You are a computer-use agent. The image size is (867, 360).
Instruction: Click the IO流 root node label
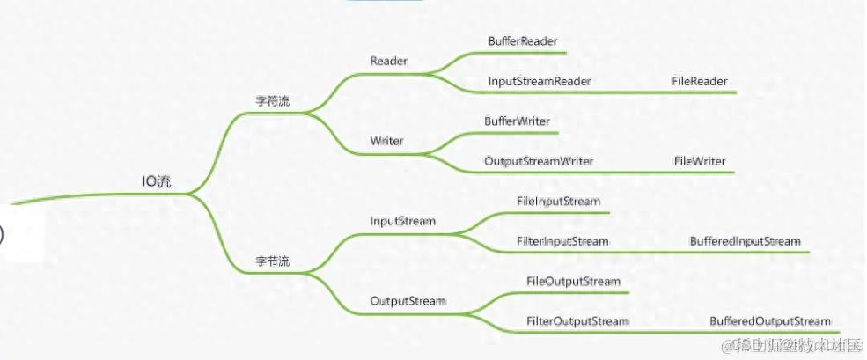pyautogui.click(x=157, y=181)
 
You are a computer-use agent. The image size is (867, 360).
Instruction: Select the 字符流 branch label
pyautogui.click(x=272, y=101)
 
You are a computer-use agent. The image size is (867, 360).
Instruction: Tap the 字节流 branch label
pyautogui.click(x=272, y=261)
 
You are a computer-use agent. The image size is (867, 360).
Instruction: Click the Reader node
pyautogui.click(x=388, y=61)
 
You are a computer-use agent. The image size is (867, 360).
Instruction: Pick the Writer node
pyautogui.click(x=387, y=141)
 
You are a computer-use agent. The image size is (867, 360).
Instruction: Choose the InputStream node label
pyautogui.click(x=402, y=221)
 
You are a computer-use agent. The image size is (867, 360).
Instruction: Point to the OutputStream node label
pyautogui.click(x=408, y=301)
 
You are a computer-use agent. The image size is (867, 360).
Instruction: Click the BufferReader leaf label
pyautogui.click(x=523, y=40)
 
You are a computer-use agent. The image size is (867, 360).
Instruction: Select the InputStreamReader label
pyautogui.click(x=539, y=81)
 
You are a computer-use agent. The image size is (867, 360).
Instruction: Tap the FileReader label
pyautogui.click(x=700, y=81)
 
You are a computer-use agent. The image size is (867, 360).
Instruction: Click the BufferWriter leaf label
pyautogui.click(x=518, y=121)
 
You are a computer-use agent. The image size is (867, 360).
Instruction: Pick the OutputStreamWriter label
pyautogui.click(x=539, y=161)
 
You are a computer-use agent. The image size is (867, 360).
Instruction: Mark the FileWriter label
pyautogui.click(x=700, y=161)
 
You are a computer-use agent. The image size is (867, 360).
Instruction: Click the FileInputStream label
pyautogui.click(x=558, y=201)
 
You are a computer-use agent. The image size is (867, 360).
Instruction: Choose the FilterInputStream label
pyautogui.click(x=562, y=240)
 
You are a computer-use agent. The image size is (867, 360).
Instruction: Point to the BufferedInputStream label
pyautogui.click(x=745, y=240)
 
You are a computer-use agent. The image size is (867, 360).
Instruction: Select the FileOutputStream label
pyautogui.click(x=573, y=281)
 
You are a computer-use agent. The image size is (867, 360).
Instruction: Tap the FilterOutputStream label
pyautogui.click(x=577, y=321)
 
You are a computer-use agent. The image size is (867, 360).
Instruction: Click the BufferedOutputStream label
pyautogui.click(x=769, y=321)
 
